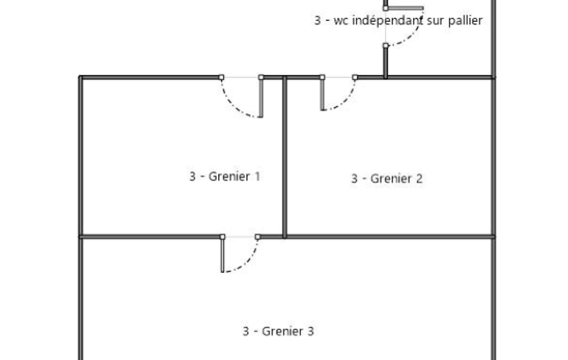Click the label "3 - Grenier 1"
click(x=225, y=176)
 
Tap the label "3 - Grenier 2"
click(x=387, y=178)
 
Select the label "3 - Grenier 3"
click(x=278, y=331)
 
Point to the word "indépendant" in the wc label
click(x=387, y=20)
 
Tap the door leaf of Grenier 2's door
click(x=323, y=94)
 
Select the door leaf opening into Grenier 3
click(x=222, y=255)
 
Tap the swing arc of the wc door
click(x=413, y=36)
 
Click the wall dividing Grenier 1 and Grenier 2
click(x=285, y=157)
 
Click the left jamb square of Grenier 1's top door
click(x=221, y=77)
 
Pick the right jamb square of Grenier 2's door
click(x=355, y=77)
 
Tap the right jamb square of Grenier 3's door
click(x=257, y=237)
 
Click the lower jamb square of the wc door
click(x=386, y=45)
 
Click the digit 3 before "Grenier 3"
click(x=245, y=331)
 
